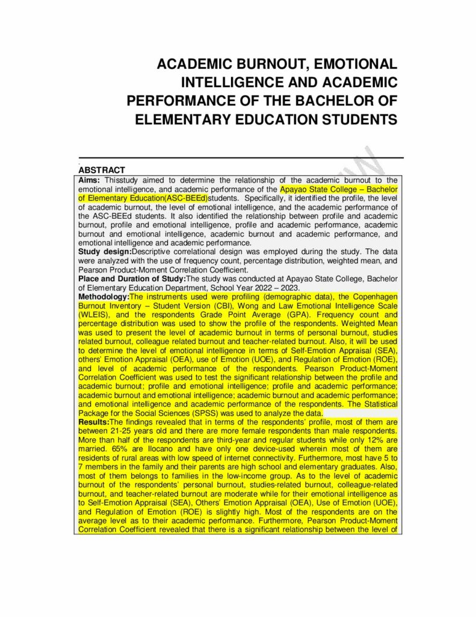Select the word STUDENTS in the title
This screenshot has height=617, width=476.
coord(348,119)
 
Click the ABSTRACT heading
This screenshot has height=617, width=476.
coord(102,171)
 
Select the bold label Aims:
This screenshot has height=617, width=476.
coord(90,180)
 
